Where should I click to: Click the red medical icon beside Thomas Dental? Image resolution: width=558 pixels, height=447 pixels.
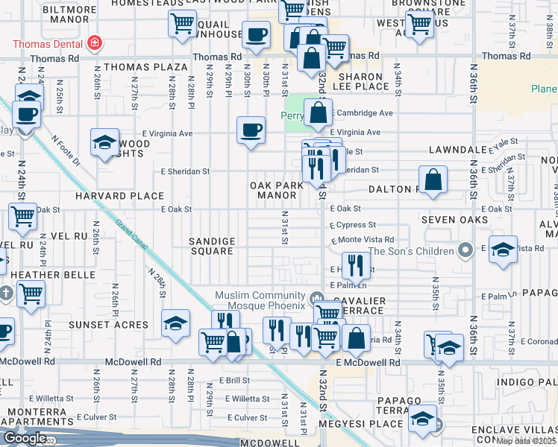point(94,43)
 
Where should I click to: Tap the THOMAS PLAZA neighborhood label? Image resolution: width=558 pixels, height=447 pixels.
point(145,67)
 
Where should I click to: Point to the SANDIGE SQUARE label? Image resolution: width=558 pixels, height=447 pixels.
point(212,246)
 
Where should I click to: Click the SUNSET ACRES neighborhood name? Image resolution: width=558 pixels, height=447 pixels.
point(109,325)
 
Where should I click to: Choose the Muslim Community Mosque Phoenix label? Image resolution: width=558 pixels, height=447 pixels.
point(260,301)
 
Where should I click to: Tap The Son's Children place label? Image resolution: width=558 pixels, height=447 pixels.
point(411,251)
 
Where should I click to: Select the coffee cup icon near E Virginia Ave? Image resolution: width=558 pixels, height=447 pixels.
point(251,130)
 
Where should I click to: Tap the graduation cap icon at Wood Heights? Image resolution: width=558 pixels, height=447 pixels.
point(104,142)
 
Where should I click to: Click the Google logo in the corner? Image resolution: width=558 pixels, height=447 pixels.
point(25,438)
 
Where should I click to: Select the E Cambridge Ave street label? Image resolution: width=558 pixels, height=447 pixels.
point(363,113)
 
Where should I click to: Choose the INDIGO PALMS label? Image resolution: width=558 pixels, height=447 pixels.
point(526,381)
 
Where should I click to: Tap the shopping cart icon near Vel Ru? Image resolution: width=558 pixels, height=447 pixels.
point(22,217)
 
